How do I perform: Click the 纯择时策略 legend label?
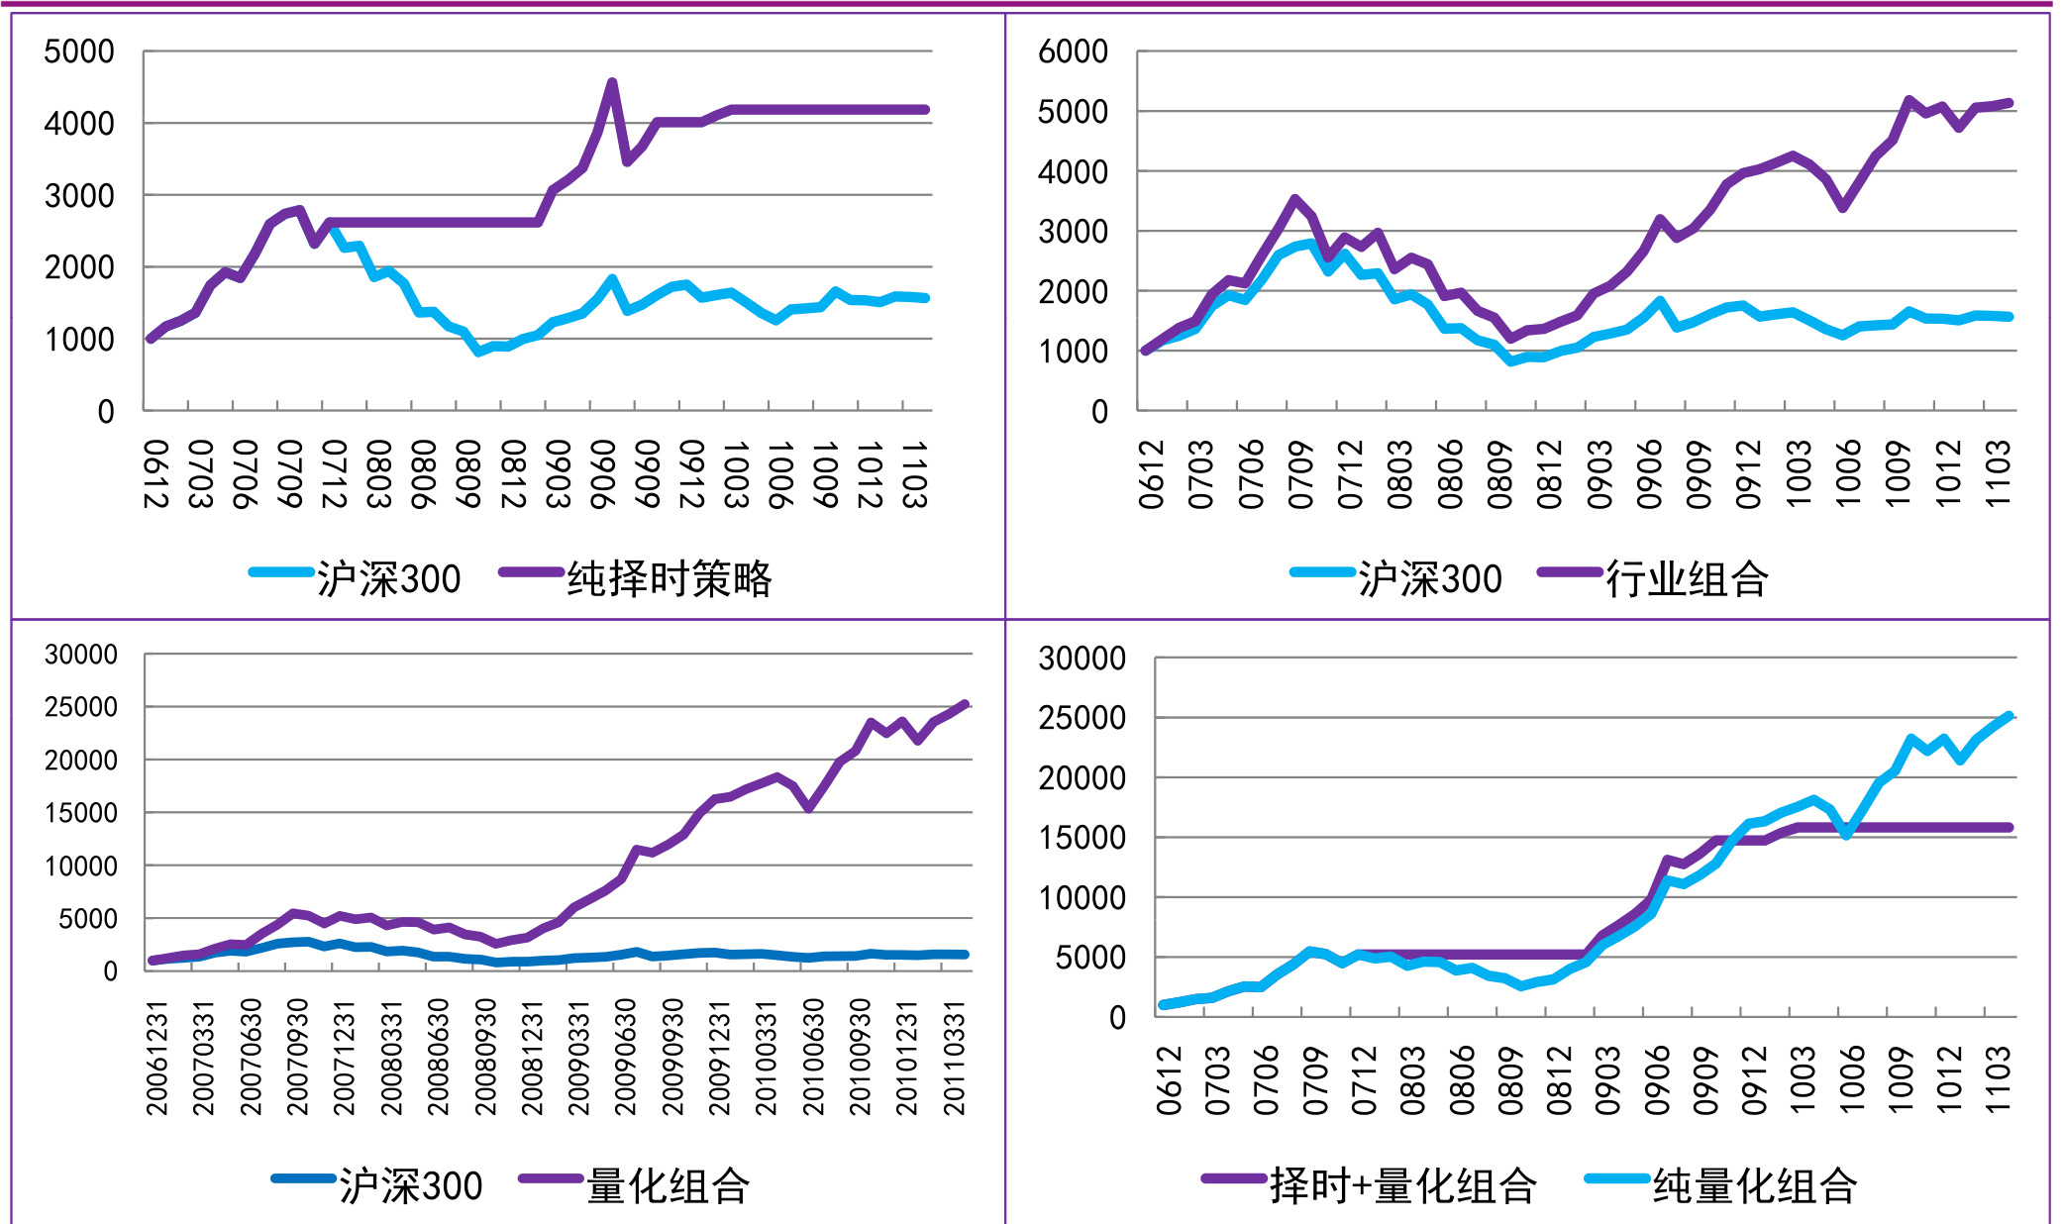[x=669, y=578]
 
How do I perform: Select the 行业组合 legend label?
[x=1686, y=578]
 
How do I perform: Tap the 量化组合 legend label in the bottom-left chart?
[x=668, y=1185]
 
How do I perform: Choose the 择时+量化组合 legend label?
[x=1402, y=1185]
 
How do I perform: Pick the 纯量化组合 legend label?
[x=1754, y=1185]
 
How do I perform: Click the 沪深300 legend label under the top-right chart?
[x=1429, y=578]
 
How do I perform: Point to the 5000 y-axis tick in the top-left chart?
[x=79, y=51]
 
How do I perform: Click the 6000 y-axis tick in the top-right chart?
[x=1073, y=51]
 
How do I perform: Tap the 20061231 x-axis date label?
[x=157, y=1058]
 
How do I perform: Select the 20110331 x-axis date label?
[x=954, y=1058]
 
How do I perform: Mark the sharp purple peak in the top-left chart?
[x=612, y=83]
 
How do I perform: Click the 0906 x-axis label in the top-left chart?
[x=601, y=474]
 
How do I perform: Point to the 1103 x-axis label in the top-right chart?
[x=1999, y=474]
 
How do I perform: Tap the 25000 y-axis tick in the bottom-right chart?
[x=1082, y=718]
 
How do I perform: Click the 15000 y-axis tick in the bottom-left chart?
[x=81, y=813]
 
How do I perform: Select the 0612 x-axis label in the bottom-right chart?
[x=1170, y=1079]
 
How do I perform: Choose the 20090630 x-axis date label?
[x=625, y=1058]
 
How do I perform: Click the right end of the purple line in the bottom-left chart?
[x=965, y=705]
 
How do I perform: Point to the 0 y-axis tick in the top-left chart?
[x=106, y=412]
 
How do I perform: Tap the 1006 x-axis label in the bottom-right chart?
[x=1852, y=1079]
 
